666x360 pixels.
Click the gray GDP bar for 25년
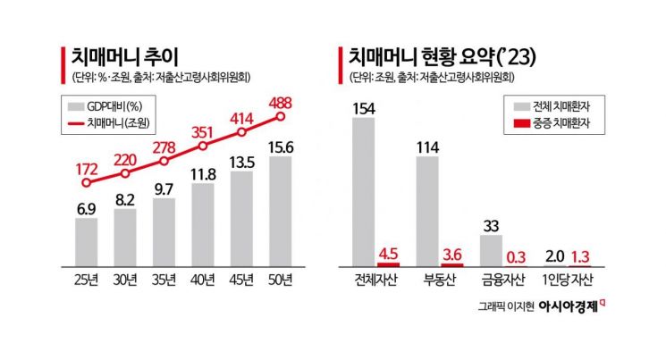(86, 242)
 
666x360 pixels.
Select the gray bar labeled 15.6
(281, 212)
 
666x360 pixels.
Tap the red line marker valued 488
(281, 116)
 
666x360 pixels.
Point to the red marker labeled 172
(86, 183)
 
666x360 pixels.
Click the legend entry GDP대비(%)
(109, 106)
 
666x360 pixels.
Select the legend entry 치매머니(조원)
(111, 124)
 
